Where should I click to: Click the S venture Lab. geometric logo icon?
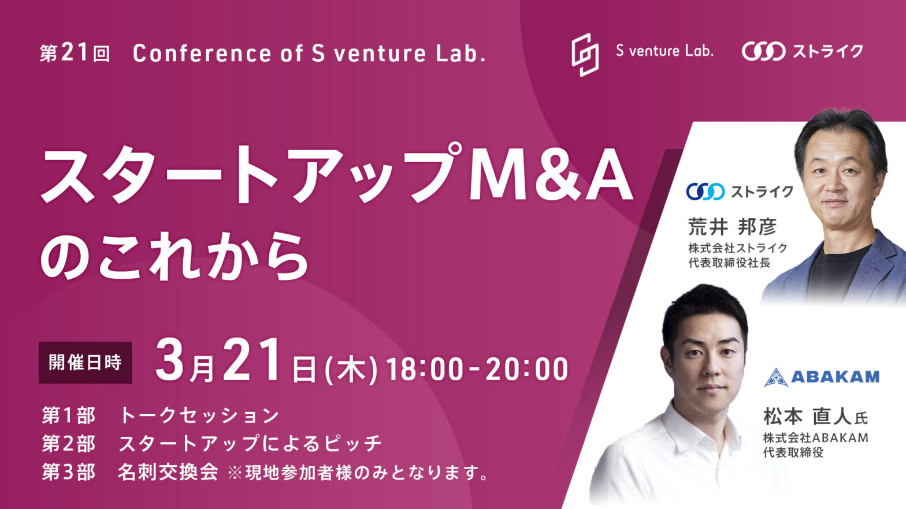click(x=585, y=55)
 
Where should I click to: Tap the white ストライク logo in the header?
click(x=803, y=52)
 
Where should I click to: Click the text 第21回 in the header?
click(x=75, y=53)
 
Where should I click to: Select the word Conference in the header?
click(x=202, y=53)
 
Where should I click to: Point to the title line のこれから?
click(x=174, y=257)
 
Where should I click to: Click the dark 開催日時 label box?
click(x=86, y=362)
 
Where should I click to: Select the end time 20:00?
click(x=526, y=369)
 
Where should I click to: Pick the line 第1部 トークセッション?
click(x=161, y=416)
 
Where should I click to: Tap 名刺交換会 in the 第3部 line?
click(x=168, y=472)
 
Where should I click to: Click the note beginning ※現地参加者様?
click(x=358, y=473)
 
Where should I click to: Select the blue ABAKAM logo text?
click(x=835, y=377)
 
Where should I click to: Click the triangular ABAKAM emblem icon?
click(x=776, y=377)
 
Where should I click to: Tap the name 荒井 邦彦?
click(x=732, y=227)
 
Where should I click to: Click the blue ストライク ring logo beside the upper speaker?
click(x=705, y=192)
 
